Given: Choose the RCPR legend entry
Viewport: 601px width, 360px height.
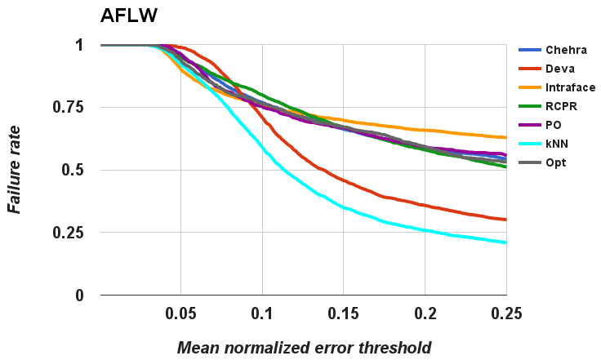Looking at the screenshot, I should [552, 106].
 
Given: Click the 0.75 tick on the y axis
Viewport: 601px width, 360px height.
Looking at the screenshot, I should [68, 108].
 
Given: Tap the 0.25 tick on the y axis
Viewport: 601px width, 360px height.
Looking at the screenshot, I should [68, 233].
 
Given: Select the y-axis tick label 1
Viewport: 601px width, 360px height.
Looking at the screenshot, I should [78, 45].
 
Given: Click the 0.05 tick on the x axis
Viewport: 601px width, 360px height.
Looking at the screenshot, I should [180, 314].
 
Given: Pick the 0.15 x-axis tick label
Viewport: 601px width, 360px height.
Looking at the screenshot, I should [343, 314].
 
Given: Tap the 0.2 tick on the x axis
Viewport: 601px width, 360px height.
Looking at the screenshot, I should [425, 314].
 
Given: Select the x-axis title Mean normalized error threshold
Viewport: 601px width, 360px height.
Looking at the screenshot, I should [304, 348].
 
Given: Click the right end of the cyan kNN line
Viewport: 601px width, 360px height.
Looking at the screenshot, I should [505, 242].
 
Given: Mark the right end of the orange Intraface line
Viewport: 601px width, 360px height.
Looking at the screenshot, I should [505, 137].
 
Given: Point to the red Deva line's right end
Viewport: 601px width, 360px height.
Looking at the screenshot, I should [505, 220].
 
